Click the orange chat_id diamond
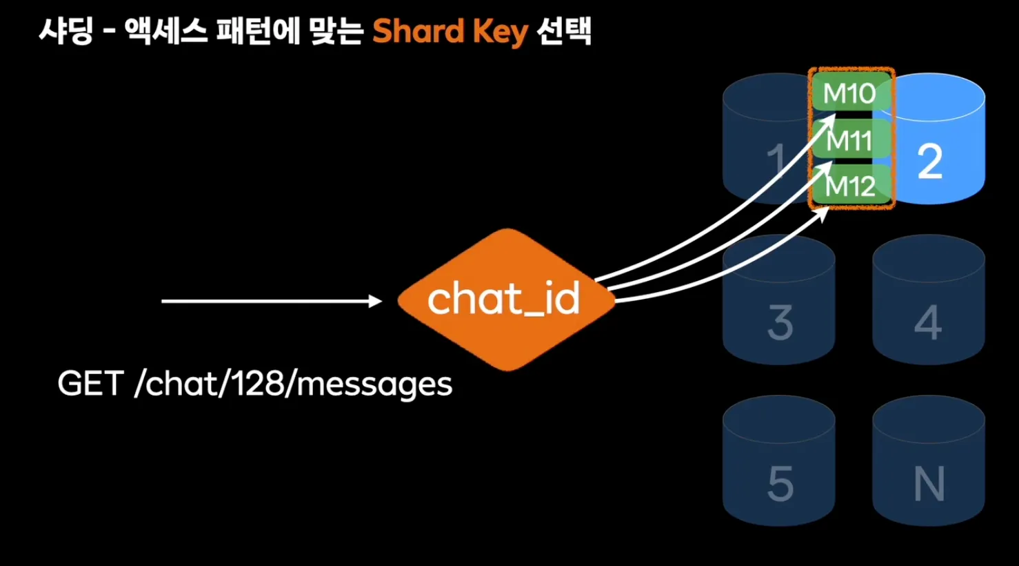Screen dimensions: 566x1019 [x=505, y=300]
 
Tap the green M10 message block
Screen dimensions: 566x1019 [x=849, y=92]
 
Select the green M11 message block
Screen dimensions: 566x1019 [x=849, y=140]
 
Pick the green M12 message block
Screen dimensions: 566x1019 [x=851, y=185]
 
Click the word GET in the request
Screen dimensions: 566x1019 [x=90, y=384]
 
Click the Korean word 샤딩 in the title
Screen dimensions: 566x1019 [x=65, y=32]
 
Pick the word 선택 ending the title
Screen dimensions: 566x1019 [x=564, y=32]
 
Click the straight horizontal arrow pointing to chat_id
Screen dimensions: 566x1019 [x=271, y=301]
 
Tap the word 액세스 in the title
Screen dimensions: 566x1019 [x=166, y=32]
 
